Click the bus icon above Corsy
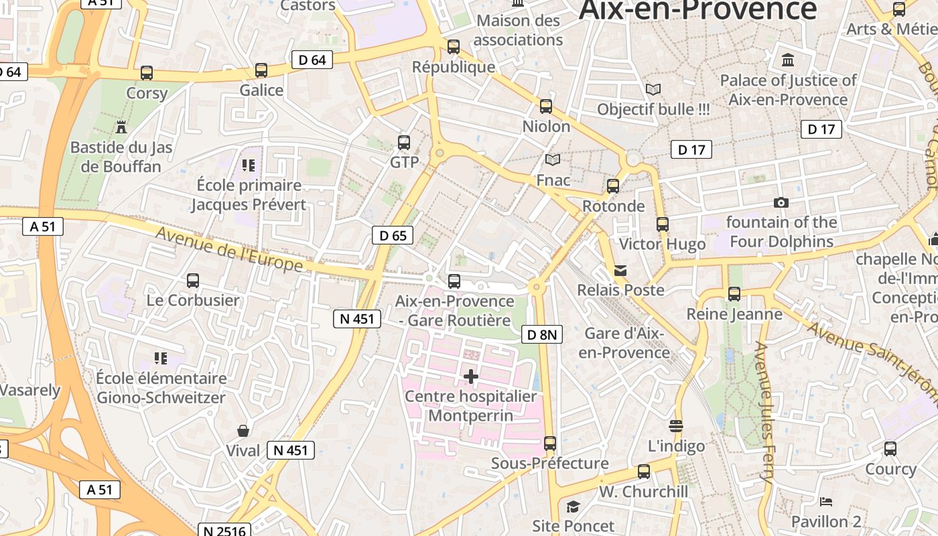[147, 72]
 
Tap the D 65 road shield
[393, 235]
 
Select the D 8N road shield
[541, 334]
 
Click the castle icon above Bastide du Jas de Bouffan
[121, 127]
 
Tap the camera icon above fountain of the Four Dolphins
[781, 202]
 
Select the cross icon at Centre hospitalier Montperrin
[471, 377]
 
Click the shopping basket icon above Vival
[243, 430]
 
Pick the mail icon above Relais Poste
[620, 271]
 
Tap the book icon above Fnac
[553, 159]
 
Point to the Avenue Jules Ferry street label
[764, 412]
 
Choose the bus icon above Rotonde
[613, 186]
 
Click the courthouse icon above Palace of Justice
[788, 60]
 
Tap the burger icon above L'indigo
[676, 425]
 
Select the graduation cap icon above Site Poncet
[573, 507]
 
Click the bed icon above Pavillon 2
[826, 501]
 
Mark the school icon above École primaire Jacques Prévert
[249, 165]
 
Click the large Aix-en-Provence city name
[697, 9]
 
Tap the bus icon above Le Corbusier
[193, 280]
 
